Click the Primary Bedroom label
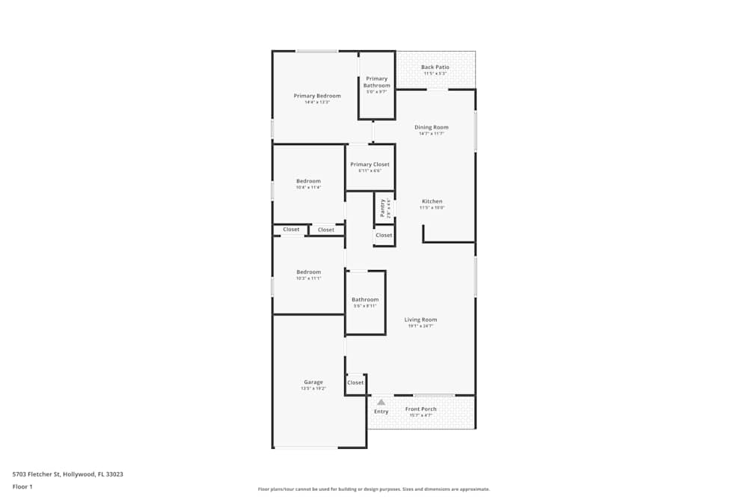(x=317, y=96)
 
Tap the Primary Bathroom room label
(x=377, y=82)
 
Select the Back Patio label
(x=435, y=67)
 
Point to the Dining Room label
(x=432, y=127)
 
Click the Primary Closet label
(x=370, y=165)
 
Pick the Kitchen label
(x=432, y=201)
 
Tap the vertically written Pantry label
(x=382, y=207)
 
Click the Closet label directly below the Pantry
(x=384, y=235)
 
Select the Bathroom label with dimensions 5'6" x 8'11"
(x=365, y=300)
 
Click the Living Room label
(x=420, y=319)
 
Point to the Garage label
(x=313, y=382)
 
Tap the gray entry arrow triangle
(x=381, y=402)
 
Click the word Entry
(x=381, y=411)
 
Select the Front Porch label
(x=420, y=409)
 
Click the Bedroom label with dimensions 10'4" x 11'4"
(x=308, y=181)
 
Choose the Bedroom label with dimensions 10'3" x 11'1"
(x=308, y=272)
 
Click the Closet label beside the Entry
(x=355, y=382)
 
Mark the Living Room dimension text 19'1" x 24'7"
(x=420, y=326)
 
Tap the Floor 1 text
(x=22, y=486)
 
